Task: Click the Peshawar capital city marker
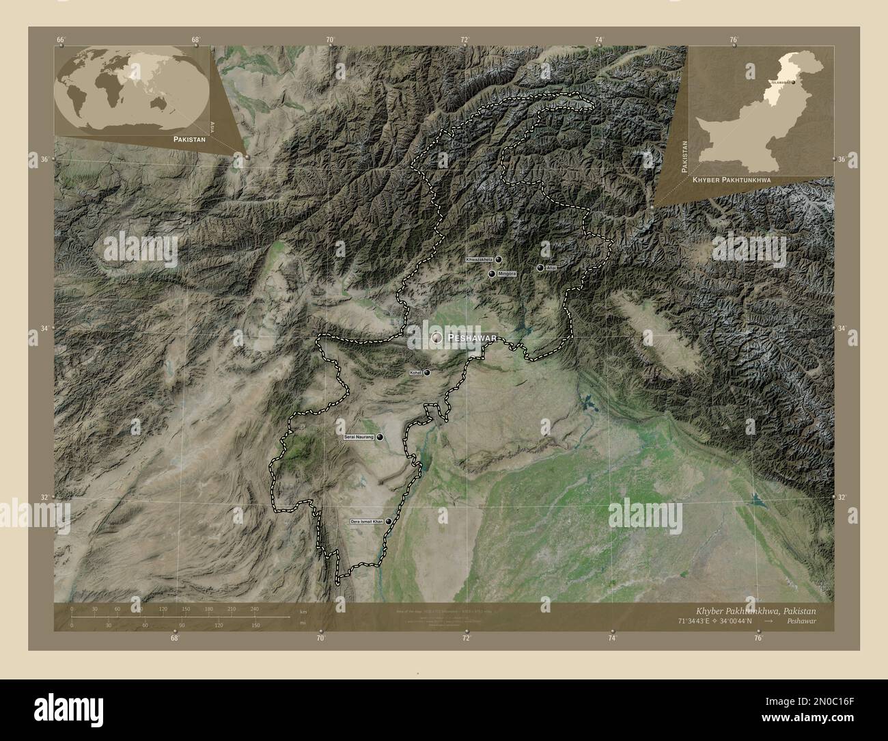click(x=436, y=337)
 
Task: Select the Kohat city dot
click(x=428, y=373)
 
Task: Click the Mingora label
click(x=506, y=273)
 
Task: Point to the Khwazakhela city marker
click(x=499, y=260)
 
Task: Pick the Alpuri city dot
click(x=540, y=268)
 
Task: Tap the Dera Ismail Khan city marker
click(x=389, y=522)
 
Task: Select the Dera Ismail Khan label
click(x=366, y=522)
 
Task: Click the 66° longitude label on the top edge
click(x=61, y=40)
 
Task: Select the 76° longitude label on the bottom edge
click(x=758, y=638)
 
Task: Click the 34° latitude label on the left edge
click(x=44, y=329)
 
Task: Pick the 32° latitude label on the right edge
click(x=842, y=498)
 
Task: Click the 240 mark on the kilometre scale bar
click(x=254, y=608)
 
